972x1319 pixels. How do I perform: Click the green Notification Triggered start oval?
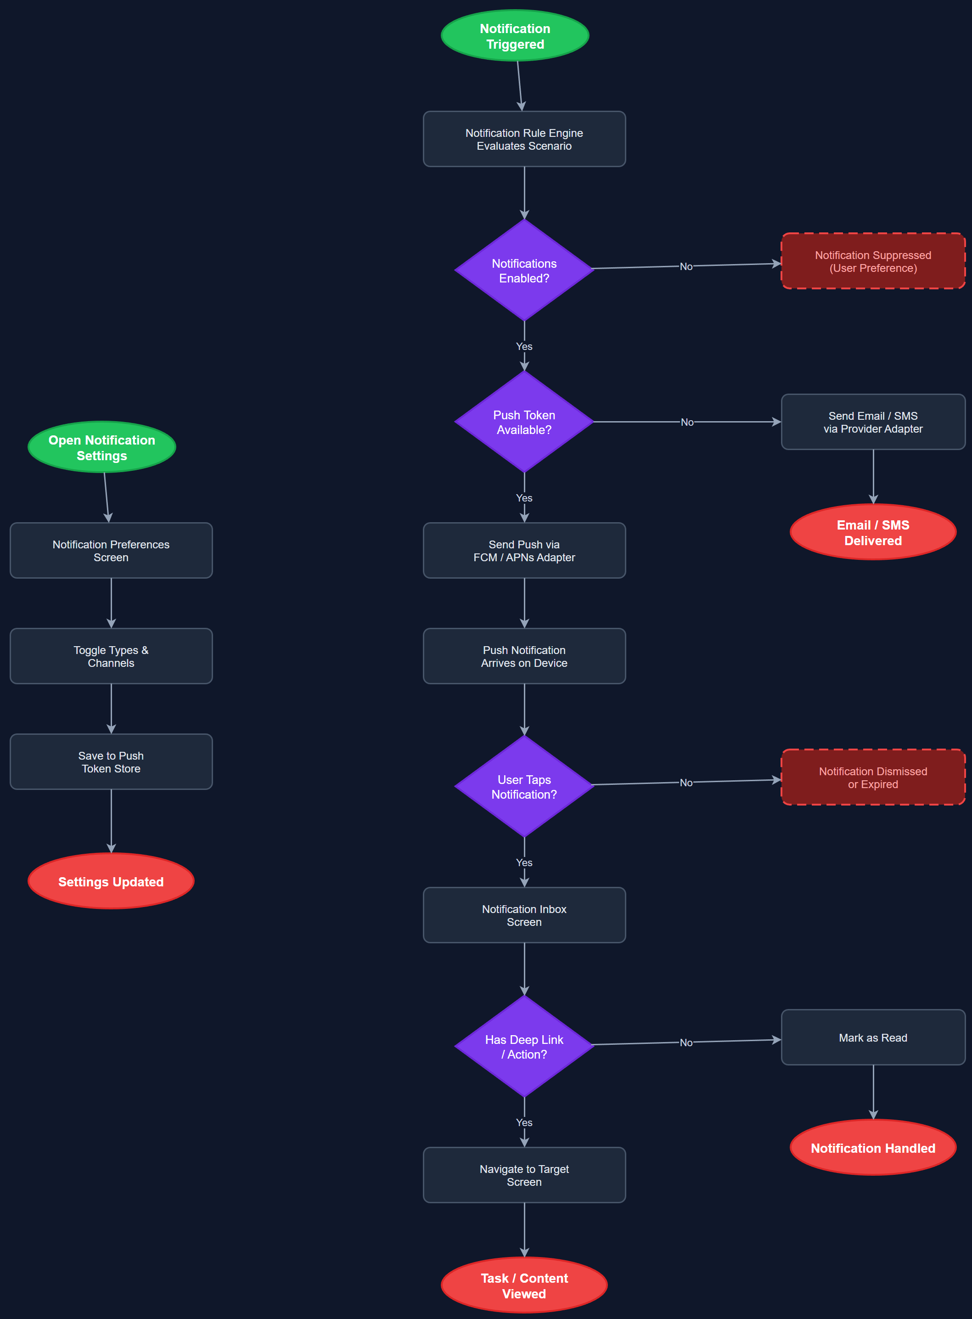tap(515, 35)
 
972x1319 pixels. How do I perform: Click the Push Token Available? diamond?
tap(524, 422)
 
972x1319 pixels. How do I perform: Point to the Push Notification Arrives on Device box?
tap(524, 656)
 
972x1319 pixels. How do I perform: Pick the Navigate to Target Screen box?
tap(524, 1175)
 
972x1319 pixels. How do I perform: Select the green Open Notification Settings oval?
tap(102, 447)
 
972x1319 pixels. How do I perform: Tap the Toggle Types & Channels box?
tap(111, 656)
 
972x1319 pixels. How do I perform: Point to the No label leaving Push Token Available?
tap(686, 422)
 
